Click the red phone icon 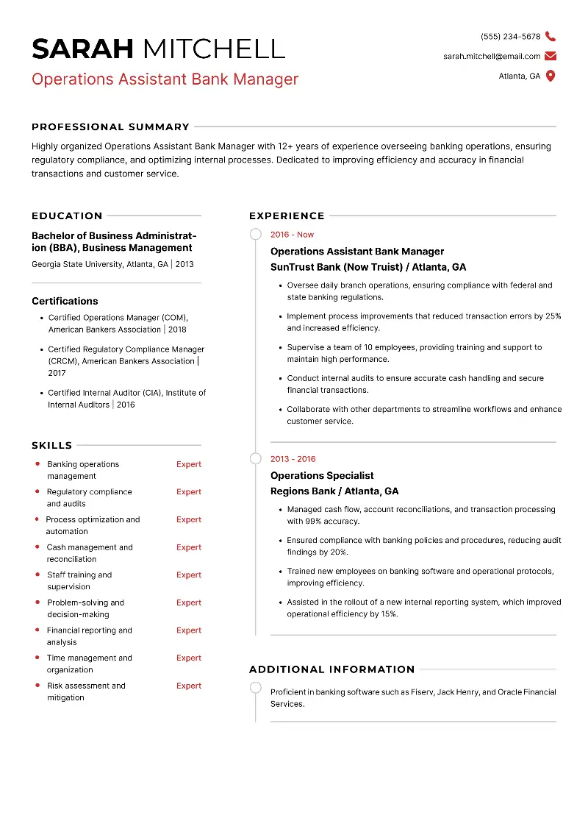coord(551,36)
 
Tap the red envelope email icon coord(551,56)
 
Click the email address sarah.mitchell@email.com coord(492,56)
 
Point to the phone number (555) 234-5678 coord(510,36)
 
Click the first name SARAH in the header coord(83,49)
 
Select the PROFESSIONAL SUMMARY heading coord(110,127)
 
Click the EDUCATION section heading coord(67,216)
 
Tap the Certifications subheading coord(65,301)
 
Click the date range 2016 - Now coord(292,235)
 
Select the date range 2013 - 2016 coord(293,459)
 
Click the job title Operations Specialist coord(322,475)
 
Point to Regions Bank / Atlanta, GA coord(334,491)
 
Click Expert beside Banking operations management coord(189,464)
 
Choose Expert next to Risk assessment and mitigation coord(189,686)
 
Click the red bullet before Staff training coord(37,575)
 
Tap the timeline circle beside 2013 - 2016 coord(255,459)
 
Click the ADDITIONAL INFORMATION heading coord(332,669)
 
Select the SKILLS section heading coord(51,445)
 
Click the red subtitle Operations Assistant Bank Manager coord(165,79)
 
